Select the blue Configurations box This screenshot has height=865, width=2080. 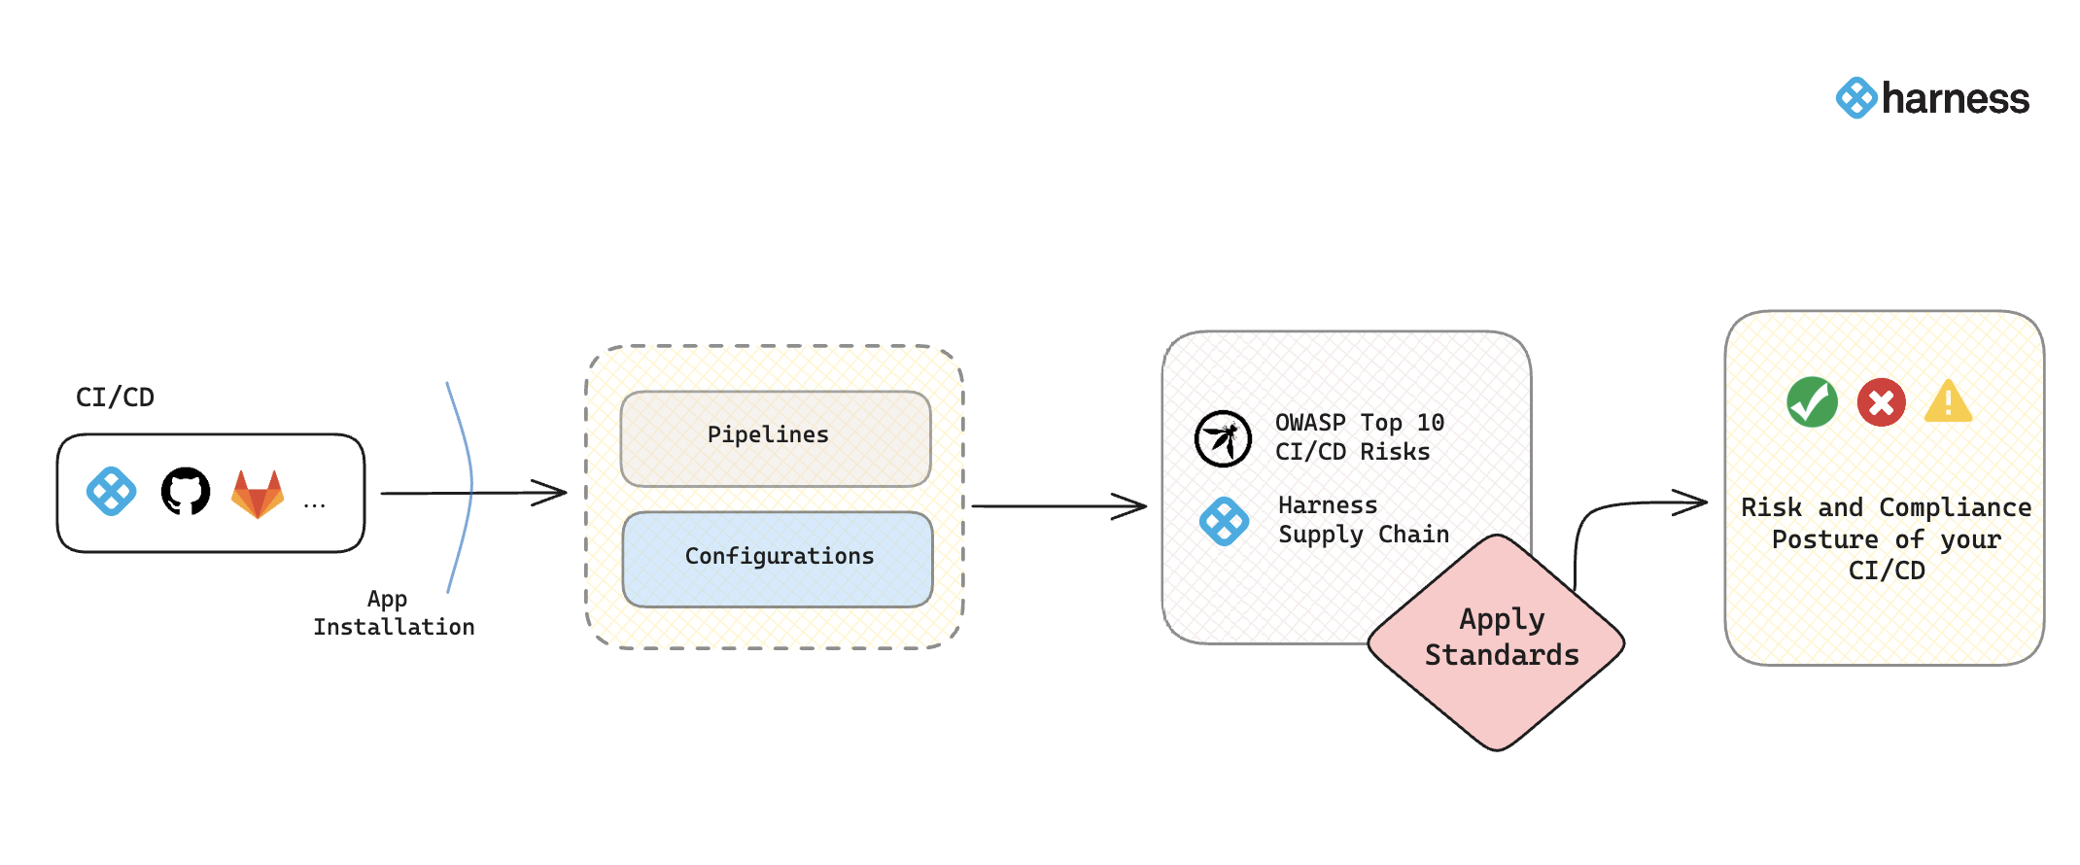pos(778,558)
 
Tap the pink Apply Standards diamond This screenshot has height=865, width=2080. pos(1497,641)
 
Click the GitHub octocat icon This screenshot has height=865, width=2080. pos(186,492)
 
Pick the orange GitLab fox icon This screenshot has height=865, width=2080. pos(258,493)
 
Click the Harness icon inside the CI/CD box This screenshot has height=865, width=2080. pos(112,492)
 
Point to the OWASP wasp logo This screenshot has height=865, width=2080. pos(1223,438)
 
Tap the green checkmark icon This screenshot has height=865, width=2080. pos(1812,402)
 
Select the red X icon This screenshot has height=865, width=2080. pos(1881,402)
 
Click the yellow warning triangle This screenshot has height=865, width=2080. pos(1948,402)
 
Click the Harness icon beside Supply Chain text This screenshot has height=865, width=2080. pos(1224,521)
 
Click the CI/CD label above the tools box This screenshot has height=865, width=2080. pos(115,398)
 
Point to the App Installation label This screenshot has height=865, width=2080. pos(394,613)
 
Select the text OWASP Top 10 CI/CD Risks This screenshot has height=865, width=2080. pos(1358,437)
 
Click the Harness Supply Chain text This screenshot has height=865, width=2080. pos(1363,520)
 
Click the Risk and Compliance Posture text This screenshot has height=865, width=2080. pos(1886,538)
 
